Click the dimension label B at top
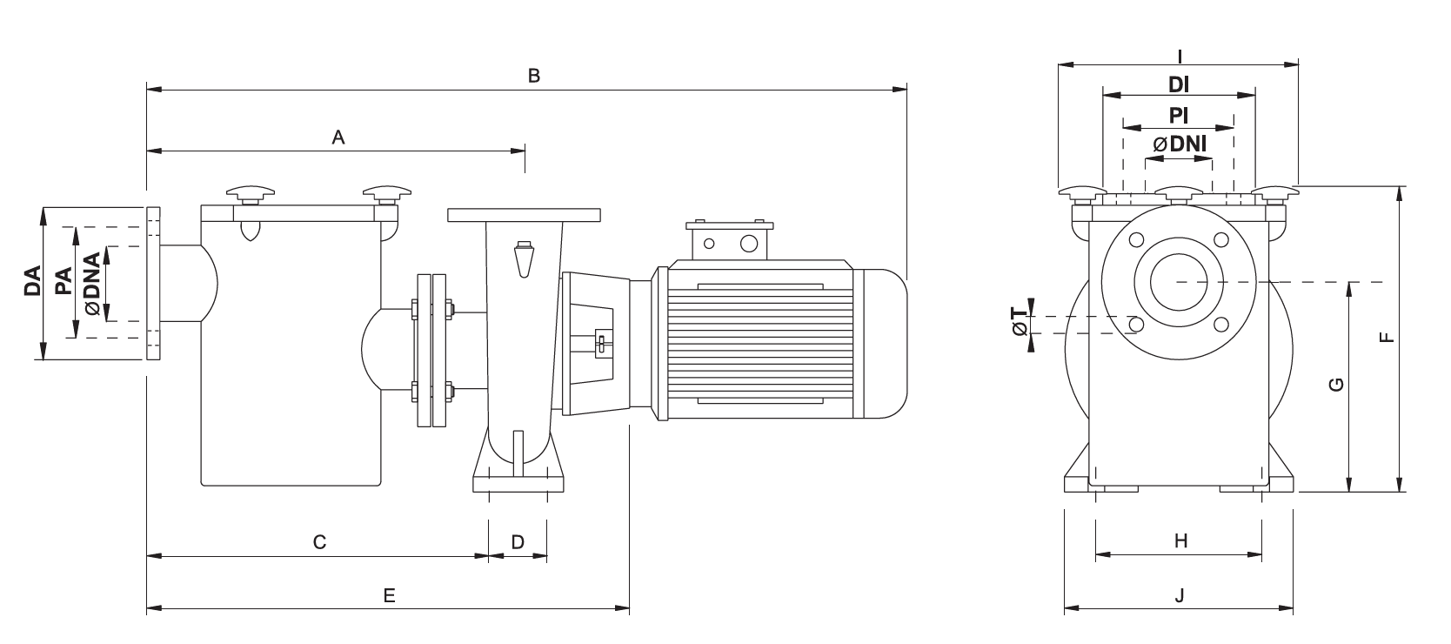534,76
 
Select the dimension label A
339,137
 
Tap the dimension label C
319,542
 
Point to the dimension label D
518,542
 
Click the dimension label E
389,596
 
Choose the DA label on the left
33,282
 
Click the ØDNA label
93,282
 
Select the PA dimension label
63,282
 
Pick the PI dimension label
1179,114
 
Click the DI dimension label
1179,84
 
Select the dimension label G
1338,385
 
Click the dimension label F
1387,336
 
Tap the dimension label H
1180,541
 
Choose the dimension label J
1180,596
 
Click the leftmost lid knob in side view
250,193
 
